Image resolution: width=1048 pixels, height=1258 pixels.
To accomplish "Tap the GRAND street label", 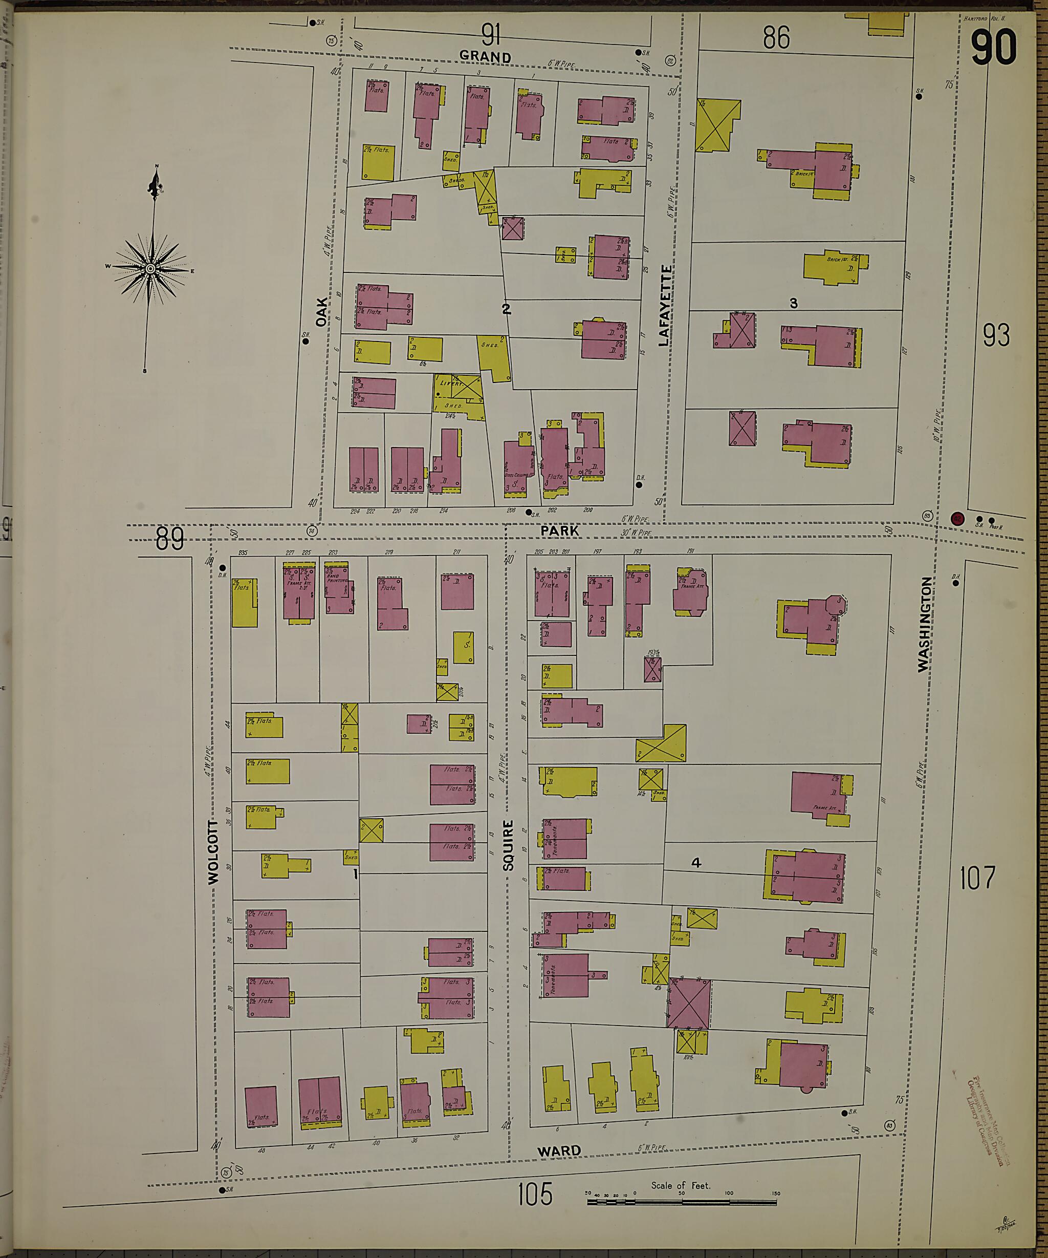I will (485, 56).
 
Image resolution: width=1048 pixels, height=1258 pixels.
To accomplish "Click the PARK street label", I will (559, 531).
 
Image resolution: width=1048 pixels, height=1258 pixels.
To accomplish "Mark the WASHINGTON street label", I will (925, 624).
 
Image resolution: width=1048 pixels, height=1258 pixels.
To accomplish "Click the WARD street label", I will (559, 1151).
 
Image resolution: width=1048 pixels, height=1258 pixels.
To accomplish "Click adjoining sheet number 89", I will (169, 539).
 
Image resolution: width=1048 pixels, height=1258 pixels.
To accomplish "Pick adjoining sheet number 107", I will (977, 878).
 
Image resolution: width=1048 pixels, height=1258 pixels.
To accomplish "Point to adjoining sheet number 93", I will (996, 335).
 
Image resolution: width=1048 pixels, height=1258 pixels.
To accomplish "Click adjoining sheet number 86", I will (776, 38).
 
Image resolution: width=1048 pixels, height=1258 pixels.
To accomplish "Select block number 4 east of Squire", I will (696, 863).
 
